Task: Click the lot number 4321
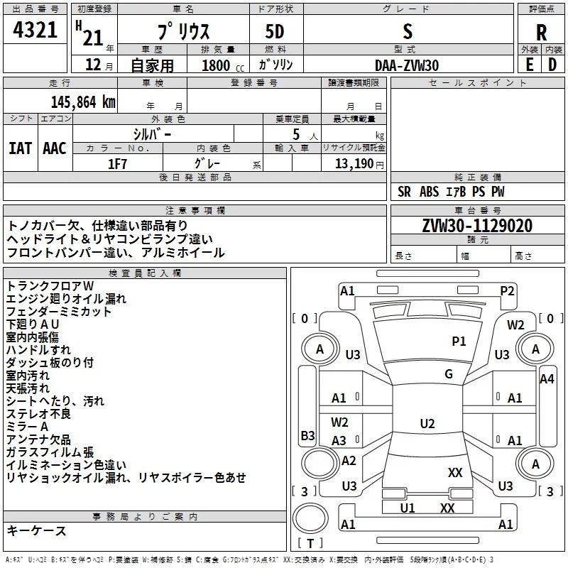coord(35,30)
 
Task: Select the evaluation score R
coord(541,33)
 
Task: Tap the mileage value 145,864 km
coord(83,102)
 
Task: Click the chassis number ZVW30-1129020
coord(477,226)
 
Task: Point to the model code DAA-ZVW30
coord(407,65)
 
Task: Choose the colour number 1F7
coord(117,164)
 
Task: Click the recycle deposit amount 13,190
coord(354,164)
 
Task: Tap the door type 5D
coord(275,32)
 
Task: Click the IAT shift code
coord(20,148)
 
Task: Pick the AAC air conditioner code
coord(55,148)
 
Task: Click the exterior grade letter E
coord(529,65)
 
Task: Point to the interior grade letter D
coord(552,65)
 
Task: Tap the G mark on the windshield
coord(449,374)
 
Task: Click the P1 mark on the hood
coord(459,342)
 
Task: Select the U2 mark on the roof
coord(427,423)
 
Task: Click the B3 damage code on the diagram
coord(307,435)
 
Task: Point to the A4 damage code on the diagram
coord(547,379)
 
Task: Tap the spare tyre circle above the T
coord(310,518)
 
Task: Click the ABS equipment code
coord(430,192)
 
